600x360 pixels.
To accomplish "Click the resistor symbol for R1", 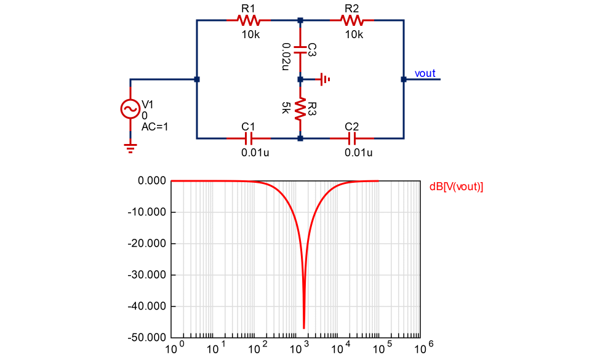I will [x=248, y=20].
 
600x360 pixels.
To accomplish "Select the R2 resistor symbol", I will [x=351, y=20].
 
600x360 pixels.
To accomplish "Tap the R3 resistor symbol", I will [x=300, y=109].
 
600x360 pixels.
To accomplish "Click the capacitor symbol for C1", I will [x=248, y=138].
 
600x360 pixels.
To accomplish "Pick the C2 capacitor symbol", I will [x=351, y=138].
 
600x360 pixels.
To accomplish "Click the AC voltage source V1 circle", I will [x=130, y=109].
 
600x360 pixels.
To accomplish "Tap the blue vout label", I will [x=425, y=73].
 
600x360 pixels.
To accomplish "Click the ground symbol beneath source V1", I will [x=130, y=146].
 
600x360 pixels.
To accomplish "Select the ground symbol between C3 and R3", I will [x=324, y=79].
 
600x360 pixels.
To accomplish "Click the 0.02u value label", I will [x=286, y=56].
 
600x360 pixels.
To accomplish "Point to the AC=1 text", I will [x=154, y=127].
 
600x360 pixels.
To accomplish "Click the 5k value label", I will [x=286, y=109].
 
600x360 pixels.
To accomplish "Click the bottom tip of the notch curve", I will [x=304, y=328].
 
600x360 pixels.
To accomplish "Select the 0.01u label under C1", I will [x=255, y=153].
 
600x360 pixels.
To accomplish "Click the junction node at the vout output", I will [x=404, y=79].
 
